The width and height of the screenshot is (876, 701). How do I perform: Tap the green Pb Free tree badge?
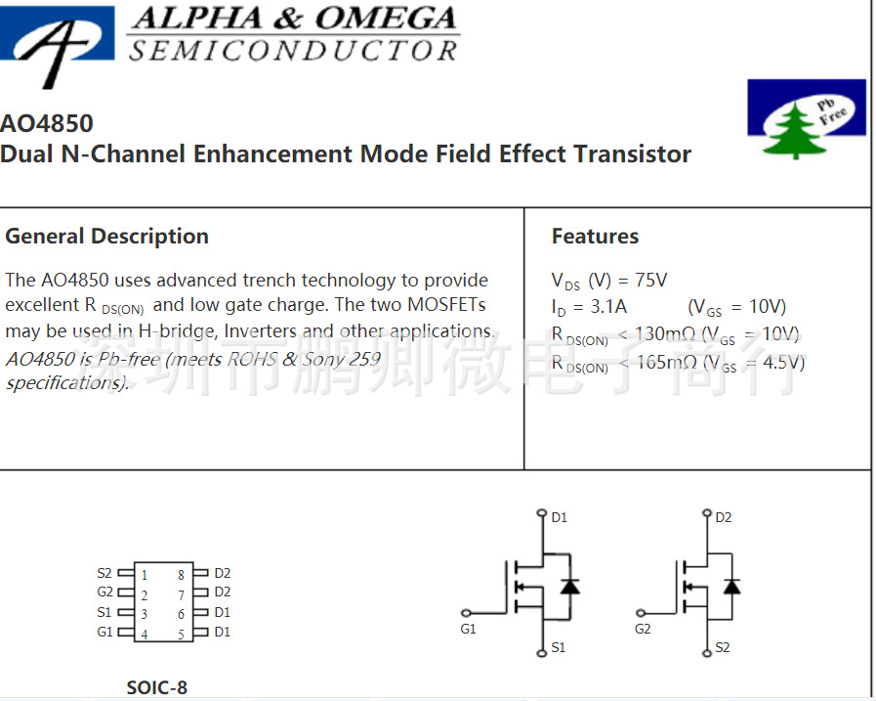click(806, 119)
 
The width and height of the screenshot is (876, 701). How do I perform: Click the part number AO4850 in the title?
click(47, 123)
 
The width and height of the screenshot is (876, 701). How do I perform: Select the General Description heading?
click(106, 237)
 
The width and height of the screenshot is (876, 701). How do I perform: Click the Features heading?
click(595, 237)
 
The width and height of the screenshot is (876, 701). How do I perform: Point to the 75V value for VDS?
click(651, 281)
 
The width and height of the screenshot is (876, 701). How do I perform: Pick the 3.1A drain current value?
click(607, 307)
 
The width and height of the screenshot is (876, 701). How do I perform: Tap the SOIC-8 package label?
click(156, 687)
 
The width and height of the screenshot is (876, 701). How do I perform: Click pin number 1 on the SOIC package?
click(145, 575)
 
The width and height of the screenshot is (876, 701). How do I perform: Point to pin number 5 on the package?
click(182, 635)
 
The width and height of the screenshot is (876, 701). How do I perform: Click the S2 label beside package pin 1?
click(104, 573)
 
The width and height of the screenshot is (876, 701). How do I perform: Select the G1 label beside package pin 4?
click(104, 632)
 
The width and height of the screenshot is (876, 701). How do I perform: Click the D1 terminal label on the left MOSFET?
click(559, 517)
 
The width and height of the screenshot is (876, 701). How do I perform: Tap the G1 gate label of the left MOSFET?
click(469, 629)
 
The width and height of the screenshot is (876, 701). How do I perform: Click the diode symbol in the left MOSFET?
click(569, 586)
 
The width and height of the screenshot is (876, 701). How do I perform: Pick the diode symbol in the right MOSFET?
click(730, 586)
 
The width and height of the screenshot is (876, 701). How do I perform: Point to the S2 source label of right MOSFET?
click(723, 647)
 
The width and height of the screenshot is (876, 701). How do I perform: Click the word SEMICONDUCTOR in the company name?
click(293, 51)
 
